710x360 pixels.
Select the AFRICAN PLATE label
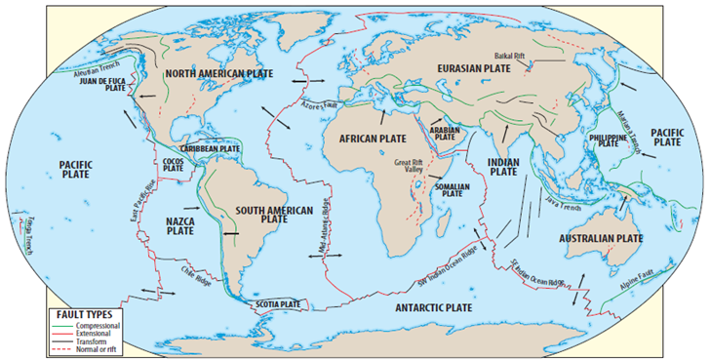point(373,140)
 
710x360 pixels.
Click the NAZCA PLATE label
point(180,225)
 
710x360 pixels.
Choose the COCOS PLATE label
point(174,165)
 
